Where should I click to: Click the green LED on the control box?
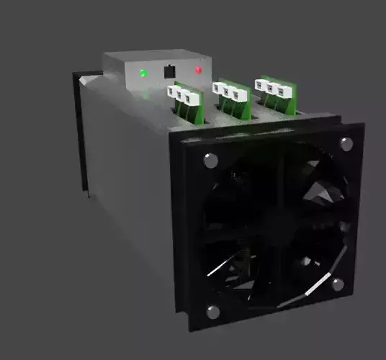point(143,73)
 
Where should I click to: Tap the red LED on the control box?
point(198,70)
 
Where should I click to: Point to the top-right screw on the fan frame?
point(346,143)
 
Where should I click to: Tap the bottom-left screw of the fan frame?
point(212,312)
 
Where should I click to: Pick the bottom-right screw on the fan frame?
point(338,284)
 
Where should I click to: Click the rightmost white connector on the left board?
point(192,96)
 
